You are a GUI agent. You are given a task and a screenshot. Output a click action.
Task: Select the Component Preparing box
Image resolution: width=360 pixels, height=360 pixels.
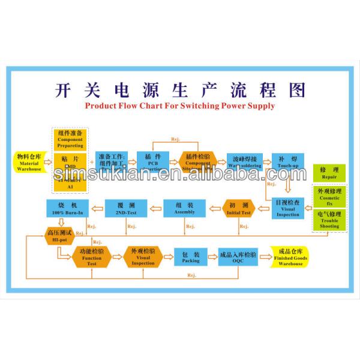tap(70, 139)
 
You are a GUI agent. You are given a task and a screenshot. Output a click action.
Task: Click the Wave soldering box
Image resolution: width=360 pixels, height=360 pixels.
tap(243, 162)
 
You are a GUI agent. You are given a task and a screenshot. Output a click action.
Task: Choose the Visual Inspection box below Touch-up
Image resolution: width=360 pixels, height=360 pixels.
tap(287, 208)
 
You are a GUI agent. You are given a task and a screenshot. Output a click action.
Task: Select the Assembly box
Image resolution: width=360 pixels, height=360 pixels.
tap(185, 208)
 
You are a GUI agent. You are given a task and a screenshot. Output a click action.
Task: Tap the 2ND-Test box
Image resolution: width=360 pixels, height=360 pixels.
tap(125, 208)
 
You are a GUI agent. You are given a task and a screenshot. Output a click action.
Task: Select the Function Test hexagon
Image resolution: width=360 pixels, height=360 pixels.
tap(92, 256)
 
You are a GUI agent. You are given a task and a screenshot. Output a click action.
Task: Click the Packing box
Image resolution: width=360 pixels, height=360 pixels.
tap(191, 257)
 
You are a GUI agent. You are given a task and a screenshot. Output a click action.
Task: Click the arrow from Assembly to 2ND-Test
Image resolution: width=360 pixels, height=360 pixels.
tap(155, 208)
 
